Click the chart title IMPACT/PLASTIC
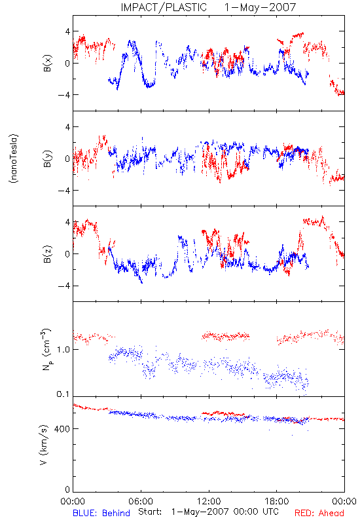click(164, 7)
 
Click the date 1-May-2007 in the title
click(260, 7)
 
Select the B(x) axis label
click(47, 63)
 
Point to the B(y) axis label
click(47, 159)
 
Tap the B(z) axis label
click(47, 254)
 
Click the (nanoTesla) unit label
click(14, 159)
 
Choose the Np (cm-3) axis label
click(46, 349)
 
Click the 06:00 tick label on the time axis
click(141, 501)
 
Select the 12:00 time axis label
click(209, 501)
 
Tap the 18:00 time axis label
click(276, 501)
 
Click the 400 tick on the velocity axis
click(62, 429)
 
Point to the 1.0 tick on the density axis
click(63, 350)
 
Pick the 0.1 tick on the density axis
click(63, 394)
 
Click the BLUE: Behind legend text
click(101, 513)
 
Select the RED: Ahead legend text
click(319, 513)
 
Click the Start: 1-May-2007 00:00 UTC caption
click(208, 512)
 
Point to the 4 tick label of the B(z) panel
click(68, 222)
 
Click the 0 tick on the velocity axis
click(67, 489)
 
